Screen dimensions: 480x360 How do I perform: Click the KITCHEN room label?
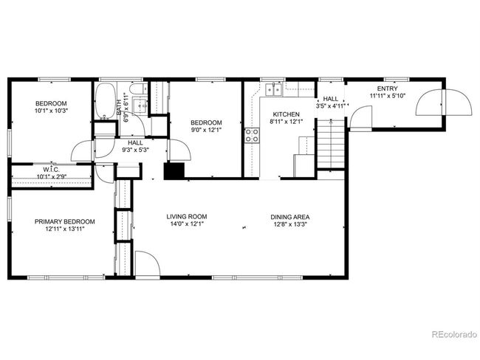pos(287,114)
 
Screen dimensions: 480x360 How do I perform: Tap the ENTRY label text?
pos(387,89)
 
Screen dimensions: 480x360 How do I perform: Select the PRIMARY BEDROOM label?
pos(64,221)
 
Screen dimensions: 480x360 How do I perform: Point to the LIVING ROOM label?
pos(187,217)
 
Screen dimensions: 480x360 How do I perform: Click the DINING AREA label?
pos(290,217)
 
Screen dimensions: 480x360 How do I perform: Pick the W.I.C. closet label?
pos(51,170)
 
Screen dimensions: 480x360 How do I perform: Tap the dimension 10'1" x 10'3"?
pos(51,111)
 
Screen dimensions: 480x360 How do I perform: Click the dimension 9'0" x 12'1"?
pos(206,130)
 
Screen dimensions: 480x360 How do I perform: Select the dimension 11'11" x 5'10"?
pos(388,96)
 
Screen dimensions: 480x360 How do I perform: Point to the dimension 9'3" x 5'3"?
pos(135,150)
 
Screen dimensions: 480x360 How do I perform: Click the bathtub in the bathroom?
pos(106,100)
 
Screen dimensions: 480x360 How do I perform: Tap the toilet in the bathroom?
pos(138,89)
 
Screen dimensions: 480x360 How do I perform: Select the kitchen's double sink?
pos(273,89)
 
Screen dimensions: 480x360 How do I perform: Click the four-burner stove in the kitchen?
pos(252,135)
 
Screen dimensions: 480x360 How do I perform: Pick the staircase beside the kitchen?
pos(331,144)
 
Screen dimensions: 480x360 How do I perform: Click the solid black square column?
pos(174,171)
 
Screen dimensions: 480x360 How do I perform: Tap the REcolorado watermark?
pos(454,334)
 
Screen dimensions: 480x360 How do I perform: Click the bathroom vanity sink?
pos(140,105)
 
